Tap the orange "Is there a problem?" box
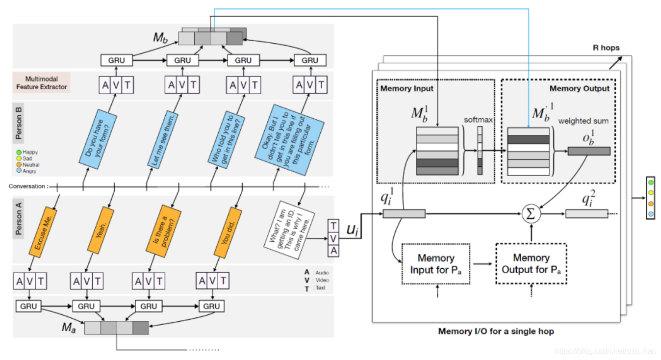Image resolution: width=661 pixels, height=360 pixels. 164,231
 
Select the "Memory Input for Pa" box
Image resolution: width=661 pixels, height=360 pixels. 435,264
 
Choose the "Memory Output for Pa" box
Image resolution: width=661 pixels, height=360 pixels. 531,263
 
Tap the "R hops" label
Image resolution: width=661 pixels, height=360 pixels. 606,48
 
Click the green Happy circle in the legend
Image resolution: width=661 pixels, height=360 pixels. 19,153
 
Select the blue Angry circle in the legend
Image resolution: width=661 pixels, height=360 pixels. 19,171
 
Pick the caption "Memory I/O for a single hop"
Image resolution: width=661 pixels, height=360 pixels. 496,332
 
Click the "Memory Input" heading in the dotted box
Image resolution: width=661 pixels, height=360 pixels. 407,89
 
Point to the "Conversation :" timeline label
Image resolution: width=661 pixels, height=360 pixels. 28,186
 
